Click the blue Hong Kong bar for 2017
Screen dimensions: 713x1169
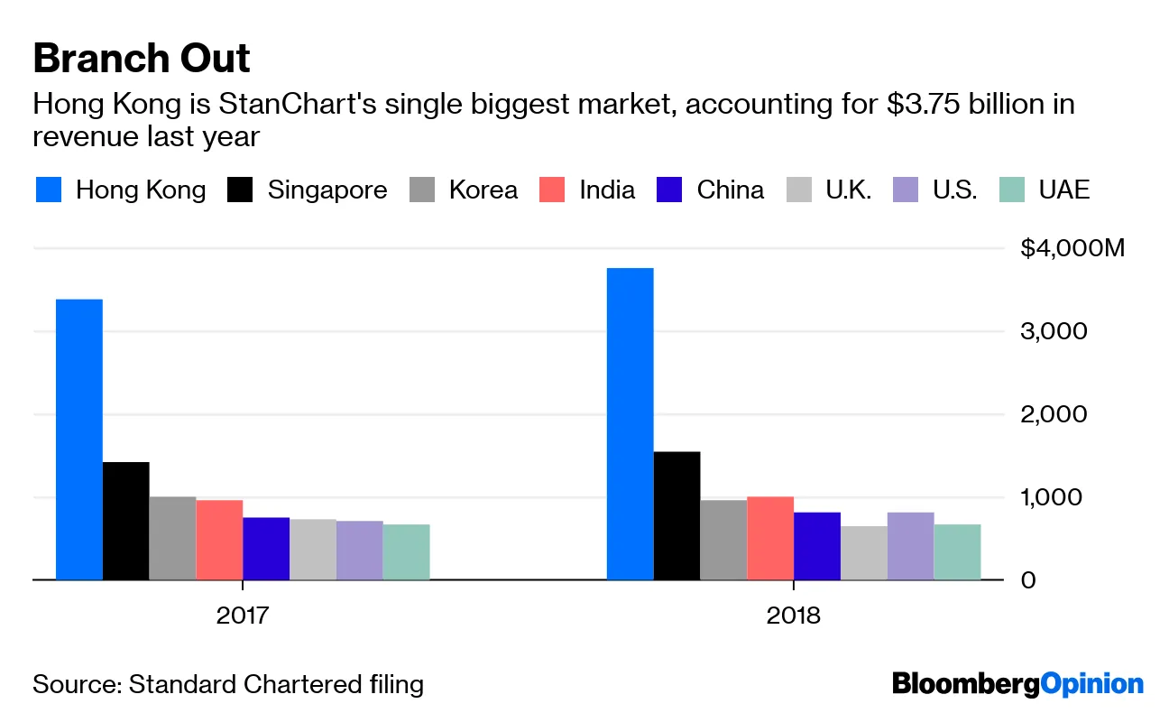[x=79, y=440]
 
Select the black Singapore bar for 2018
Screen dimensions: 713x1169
[x=677, y=515]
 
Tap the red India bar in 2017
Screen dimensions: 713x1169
[x=219, y=540]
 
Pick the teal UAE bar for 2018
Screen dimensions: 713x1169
[x=957, y=551]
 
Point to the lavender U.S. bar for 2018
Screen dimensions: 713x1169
[x=910, y=546]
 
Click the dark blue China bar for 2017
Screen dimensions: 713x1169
[x=266, y=549]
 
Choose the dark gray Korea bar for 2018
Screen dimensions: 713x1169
[x=723, y=540]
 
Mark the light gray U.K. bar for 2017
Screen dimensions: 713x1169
[x=313, y=550]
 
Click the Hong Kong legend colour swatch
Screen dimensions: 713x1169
[x=49, y=190]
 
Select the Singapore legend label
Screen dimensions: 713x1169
[x=327, y=190]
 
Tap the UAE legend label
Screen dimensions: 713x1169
[x=1064, y=190]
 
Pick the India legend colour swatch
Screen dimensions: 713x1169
[x=552, y=190]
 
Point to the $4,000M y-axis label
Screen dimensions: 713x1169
[x=1072, y=248]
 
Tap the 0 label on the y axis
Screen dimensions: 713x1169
[x=1029, y=579]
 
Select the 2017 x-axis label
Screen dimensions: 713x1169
[x=243, y=616]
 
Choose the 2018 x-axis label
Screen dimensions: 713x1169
[x=794, y=616]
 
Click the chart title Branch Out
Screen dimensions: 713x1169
[x=142, y=60]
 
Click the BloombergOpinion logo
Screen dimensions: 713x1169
[x=1017, y=684]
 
